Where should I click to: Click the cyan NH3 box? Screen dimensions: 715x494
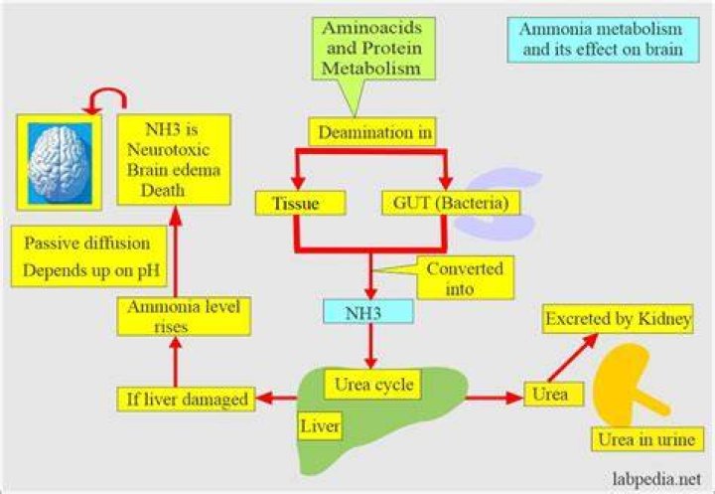coord(368,311)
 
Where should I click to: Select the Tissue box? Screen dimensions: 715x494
coord(300,203)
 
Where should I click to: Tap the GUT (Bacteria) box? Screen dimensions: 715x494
coord(451,203)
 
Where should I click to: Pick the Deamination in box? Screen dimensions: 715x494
coord(372,132)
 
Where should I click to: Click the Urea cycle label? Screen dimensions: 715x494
coord(372,385)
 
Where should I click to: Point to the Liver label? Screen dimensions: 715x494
coord(320,426)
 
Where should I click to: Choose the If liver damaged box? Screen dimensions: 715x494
coord(186,399)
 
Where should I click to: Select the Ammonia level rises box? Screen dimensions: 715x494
coord(184,316)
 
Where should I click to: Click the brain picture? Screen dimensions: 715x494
coord(60,163)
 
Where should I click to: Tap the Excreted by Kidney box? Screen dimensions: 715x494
coord(618,319)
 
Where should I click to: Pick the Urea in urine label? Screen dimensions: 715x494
coord(647,439)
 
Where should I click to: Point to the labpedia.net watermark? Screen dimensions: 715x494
coord(656,479)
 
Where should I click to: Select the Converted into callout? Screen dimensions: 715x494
coord(465,278)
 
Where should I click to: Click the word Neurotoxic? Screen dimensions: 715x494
coord(168,149)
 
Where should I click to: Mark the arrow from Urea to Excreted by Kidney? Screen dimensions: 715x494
coord(572,358)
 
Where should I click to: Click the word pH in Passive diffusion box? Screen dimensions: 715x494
coord(149,270)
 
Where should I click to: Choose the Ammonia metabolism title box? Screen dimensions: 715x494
coord(603,40)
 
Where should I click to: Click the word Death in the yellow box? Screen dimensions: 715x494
coord(162,190)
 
